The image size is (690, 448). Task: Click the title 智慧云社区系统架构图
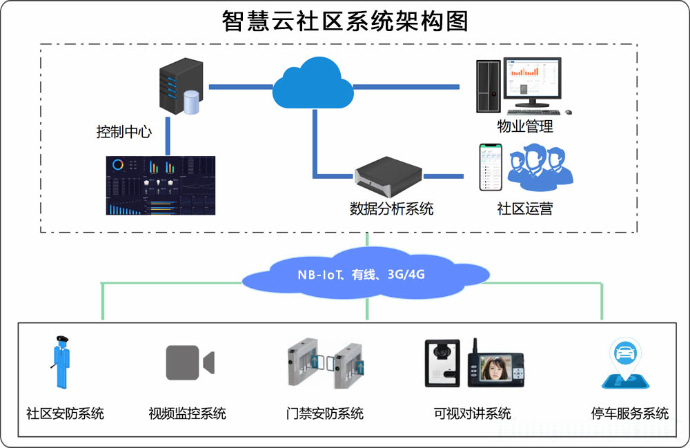(345, 21)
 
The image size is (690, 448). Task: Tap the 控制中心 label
(124, 131)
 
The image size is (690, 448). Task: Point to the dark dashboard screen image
(160, 185)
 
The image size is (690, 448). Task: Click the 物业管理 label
(525, 126)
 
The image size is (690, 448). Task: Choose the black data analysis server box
(388, 175)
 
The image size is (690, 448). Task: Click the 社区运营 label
(525, 208)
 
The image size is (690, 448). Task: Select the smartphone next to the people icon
(491, 167)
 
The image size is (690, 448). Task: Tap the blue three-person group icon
(540, 166)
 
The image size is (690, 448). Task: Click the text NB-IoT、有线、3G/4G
(361, 275)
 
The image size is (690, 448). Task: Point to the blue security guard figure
(63, 364)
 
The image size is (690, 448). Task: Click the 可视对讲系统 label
(473, 414)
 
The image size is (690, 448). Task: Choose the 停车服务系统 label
(630, 414)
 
